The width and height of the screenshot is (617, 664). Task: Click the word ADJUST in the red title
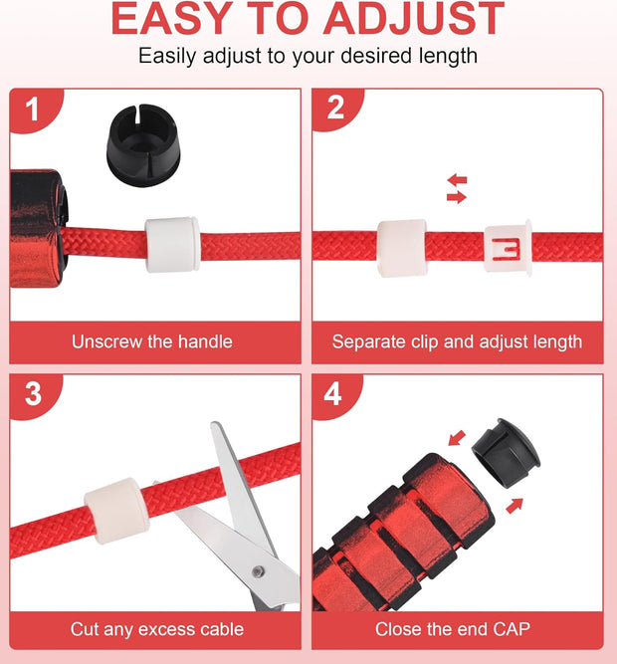(413, 19)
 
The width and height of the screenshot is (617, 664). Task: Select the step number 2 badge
(335, 108)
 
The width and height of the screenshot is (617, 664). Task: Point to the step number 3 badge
(33, 394)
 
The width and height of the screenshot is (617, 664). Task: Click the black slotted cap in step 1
(143, 145)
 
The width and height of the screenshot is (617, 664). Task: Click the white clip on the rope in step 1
(172, 244)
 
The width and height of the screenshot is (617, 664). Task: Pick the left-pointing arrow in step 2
(457, 180)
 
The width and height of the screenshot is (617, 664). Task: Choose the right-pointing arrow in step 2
(457, 197)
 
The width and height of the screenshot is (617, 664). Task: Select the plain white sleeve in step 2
(402, 248)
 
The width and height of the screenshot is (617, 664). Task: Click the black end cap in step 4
(507, 453)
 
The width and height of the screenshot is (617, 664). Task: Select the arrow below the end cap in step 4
(514, 506)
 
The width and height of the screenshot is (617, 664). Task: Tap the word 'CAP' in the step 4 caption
(512, 629)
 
